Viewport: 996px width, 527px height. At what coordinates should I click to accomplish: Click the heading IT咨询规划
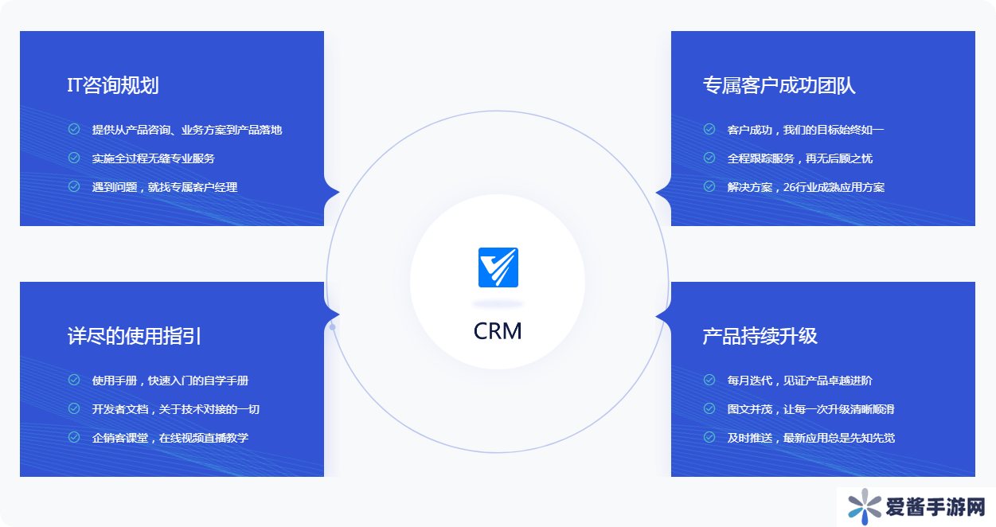tap(113, 86)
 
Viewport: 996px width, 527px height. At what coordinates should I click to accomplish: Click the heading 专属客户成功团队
tap(779, 86)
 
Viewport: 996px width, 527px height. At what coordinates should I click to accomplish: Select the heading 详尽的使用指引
tap(134, 336)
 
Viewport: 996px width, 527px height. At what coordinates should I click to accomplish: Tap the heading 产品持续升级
tap(760, 336)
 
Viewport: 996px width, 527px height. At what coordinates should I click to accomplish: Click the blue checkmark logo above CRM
tap(498, 267)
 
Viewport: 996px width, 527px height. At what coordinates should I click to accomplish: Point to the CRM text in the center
tap(498, 330)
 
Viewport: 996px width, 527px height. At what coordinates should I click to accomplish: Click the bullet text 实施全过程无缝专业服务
tap(153, 158)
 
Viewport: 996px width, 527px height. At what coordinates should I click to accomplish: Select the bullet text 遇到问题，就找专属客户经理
tap(164, 187)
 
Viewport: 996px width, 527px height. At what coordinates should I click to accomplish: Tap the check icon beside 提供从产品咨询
tap(74, 129)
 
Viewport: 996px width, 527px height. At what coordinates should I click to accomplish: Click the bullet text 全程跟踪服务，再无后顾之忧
tap(799, 158)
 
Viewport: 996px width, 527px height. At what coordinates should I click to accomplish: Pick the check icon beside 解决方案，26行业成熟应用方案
tap(709, 186)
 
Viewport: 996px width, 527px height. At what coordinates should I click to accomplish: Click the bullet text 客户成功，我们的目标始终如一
tap(805, 130)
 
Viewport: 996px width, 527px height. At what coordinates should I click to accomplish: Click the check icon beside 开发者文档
tap(74, 408)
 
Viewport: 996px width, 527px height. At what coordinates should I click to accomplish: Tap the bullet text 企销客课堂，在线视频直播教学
tap(170, 438)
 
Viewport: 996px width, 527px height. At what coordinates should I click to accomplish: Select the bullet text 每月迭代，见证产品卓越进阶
tap(799, 381)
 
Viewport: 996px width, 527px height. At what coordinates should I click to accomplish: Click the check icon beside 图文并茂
tap(709, 408)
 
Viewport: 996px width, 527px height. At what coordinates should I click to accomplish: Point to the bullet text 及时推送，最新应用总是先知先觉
tap(810, 438)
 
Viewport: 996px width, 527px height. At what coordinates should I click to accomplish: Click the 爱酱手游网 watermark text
tap(935, 507)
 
